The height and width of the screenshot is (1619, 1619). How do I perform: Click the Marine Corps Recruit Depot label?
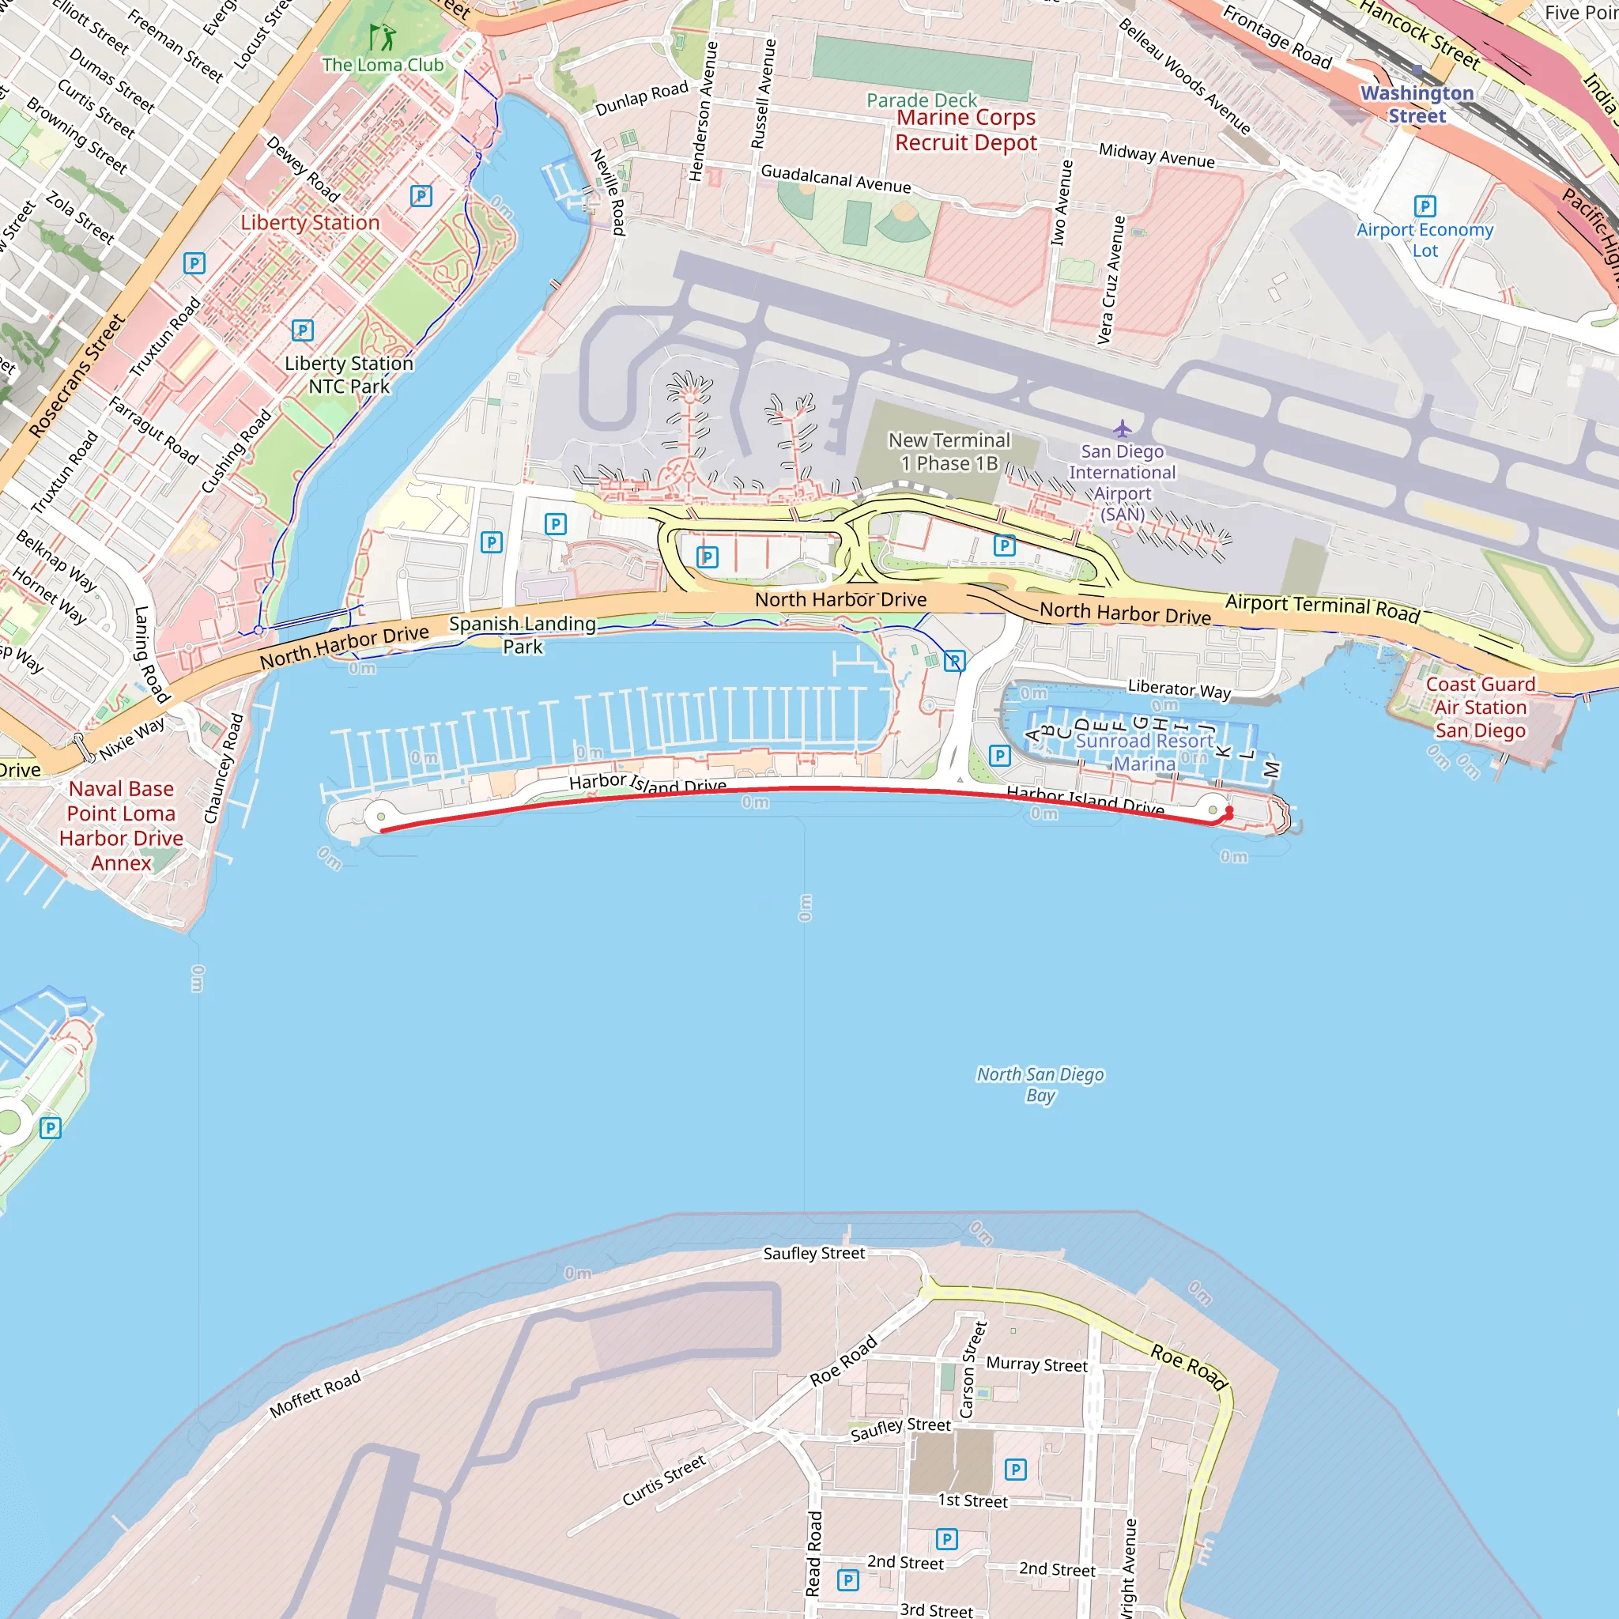(965, 130)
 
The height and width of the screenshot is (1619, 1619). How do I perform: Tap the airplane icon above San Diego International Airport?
(1122, 429)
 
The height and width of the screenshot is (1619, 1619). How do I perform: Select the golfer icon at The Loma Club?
(383, 37)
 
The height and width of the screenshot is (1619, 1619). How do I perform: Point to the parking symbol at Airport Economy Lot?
(1425, 206)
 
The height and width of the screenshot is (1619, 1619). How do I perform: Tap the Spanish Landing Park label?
(522, 634)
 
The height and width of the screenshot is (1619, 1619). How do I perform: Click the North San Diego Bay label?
(1040, 1085)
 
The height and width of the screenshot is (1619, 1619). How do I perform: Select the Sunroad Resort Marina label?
(1144, 752)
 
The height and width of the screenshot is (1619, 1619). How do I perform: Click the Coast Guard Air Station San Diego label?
(1480, 708)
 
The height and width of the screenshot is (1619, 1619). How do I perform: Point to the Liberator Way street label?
(1179, 689)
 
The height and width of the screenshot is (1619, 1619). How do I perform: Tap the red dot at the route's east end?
(1229, 811)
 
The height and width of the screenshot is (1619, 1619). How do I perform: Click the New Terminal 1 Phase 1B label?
(949, 451)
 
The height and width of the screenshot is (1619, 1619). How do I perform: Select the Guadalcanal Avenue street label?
(836, 179)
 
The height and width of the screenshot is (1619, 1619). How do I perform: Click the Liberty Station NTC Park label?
(349, 375)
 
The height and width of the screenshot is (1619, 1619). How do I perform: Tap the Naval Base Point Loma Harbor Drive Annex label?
(122, 825)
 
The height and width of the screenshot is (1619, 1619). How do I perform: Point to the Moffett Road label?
(315, 1394)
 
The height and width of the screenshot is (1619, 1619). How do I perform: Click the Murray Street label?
(1036, 1364)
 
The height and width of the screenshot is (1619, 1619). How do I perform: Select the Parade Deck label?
(921, 100)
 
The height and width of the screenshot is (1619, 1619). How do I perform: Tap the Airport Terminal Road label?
(1322, 608)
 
